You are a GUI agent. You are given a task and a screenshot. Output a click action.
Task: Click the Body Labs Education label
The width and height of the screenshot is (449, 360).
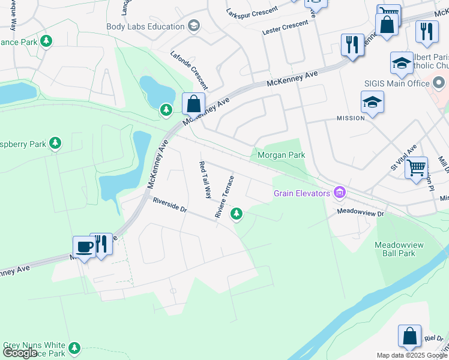(145, 26)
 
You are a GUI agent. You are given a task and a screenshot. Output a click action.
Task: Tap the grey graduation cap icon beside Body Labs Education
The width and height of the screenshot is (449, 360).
(193, 26)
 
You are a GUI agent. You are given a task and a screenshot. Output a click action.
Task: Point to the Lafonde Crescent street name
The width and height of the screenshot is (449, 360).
(189, 69)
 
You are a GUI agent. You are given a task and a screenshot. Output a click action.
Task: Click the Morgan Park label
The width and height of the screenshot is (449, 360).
(281, 155)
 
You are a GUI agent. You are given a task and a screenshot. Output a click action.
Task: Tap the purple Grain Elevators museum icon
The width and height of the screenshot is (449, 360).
(340, 193)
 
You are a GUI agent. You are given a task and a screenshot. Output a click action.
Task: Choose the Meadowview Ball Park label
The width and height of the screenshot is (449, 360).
(395, 249)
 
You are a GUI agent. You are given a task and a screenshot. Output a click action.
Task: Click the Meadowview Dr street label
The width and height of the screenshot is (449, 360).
(360, 212)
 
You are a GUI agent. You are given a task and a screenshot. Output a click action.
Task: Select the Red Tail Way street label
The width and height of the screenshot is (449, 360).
(205, 179)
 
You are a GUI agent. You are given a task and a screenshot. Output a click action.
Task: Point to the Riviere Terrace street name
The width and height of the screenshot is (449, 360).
(224, 196)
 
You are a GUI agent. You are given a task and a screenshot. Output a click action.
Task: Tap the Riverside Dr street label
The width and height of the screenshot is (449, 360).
(170, 205)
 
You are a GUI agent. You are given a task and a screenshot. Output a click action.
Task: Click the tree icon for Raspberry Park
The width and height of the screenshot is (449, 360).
(55, 143)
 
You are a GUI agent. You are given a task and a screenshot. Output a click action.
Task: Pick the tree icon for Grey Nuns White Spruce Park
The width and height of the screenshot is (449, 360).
(74, 347)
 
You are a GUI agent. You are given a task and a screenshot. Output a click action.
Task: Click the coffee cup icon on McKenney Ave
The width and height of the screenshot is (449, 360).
(83, 246)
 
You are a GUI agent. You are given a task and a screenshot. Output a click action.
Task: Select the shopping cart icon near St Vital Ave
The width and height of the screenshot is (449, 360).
(415, 167)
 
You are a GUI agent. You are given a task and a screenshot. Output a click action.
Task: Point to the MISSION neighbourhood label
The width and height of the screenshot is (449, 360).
(351, 118)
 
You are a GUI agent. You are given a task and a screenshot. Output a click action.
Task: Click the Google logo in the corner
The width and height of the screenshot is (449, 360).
(20, 353)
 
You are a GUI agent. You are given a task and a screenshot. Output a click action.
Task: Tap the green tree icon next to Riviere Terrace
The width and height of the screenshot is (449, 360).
(237, 213)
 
